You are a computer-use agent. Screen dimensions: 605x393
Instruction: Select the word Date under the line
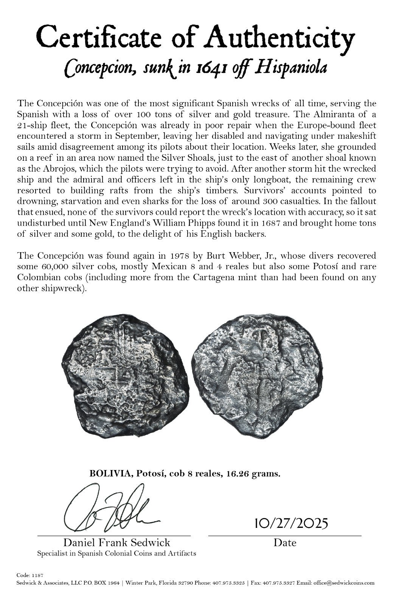(285, 543)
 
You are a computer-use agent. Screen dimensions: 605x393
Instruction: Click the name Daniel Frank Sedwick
(117, 543)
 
